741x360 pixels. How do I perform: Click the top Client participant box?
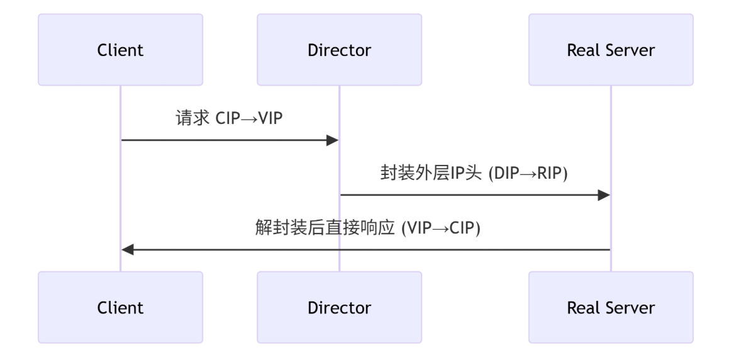click(120, 50)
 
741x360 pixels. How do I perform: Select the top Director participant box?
click(339, 50)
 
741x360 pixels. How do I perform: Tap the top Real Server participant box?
click(610, 50)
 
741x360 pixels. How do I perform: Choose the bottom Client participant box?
click(120, 307)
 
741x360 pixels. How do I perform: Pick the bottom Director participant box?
click(339, 307)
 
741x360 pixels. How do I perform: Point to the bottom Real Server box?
click(610, 307)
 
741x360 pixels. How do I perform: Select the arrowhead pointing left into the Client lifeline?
click(128, 250)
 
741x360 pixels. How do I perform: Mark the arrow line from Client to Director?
click(226, 140)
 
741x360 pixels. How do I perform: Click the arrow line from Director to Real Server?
click(472, 195)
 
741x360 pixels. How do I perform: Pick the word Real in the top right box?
click(581, 50)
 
